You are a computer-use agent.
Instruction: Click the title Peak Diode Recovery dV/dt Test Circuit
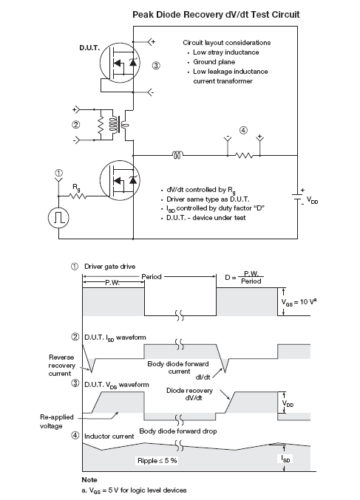pyautogui.click(x=216, y=15)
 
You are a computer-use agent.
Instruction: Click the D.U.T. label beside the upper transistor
pyautogui.click(x=89, y=48)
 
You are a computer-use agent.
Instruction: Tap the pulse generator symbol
pyautogui.click(x=58, y=217)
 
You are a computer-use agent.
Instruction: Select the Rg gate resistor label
pyautogui.click(x=76, y=188)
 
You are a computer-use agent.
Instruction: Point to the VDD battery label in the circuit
pyautogui.click(x=313, y=200)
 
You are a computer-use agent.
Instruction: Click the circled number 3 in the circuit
pyautogui.click(x=156, y=66)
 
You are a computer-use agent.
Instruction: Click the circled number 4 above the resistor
pyautogui.click(x=243, y=130)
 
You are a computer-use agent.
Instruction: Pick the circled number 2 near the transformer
pyautogui.click(x=76, y=124)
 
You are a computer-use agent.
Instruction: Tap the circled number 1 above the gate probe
pyautogui.click(x=59, y=173)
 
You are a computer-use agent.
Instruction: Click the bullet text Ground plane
pyautogui.click(x=214, y=62)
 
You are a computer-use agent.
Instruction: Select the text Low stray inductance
pyautogui.click(x=226, y=52)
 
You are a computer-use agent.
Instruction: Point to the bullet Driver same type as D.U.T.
pyautogui.click(x=208, y=199)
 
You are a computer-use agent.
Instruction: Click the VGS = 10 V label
pyautogui.click(x=299, y=301)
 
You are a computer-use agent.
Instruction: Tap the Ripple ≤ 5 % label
pyautogui.click(x=157, y=460)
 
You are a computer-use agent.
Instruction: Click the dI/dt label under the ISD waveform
pyautogui.click(x=203, y=377)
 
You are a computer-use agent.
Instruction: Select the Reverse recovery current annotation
pyautogui.click(x=61, y=366)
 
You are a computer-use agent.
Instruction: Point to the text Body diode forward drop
pyautogui.click(x=178, y=431)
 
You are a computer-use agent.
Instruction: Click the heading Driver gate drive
pyautogui.click(x=110, y=267)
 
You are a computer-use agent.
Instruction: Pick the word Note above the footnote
pyautogui.click(x=89, y=479)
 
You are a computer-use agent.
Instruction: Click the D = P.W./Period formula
pyautogui.click(x=244, y=278)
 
